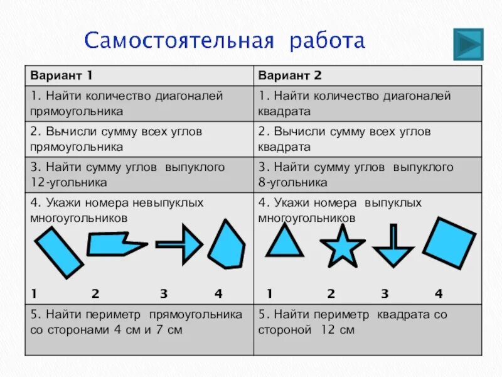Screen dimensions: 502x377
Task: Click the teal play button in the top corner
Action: (x=467, y=44)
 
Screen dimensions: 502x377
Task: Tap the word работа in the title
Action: (x=327, y=41)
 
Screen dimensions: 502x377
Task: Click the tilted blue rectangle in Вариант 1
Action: (x=58, y=252)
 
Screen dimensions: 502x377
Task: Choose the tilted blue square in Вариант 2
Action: (x=449, y=243)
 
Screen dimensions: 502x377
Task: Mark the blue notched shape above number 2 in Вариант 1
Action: (x=114, y=244)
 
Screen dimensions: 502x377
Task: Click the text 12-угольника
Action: (x=69, y=183)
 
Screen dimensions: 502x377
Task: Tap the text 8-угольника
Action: (x=292, y=183)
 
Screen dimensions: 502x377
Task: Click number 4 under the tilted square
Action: (x=439, y=293)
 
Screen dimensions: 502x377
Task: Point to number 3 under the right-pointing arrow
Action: (x=163, y=293)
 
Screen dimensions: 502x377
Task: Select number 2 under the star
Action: (x=331, y=293)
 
